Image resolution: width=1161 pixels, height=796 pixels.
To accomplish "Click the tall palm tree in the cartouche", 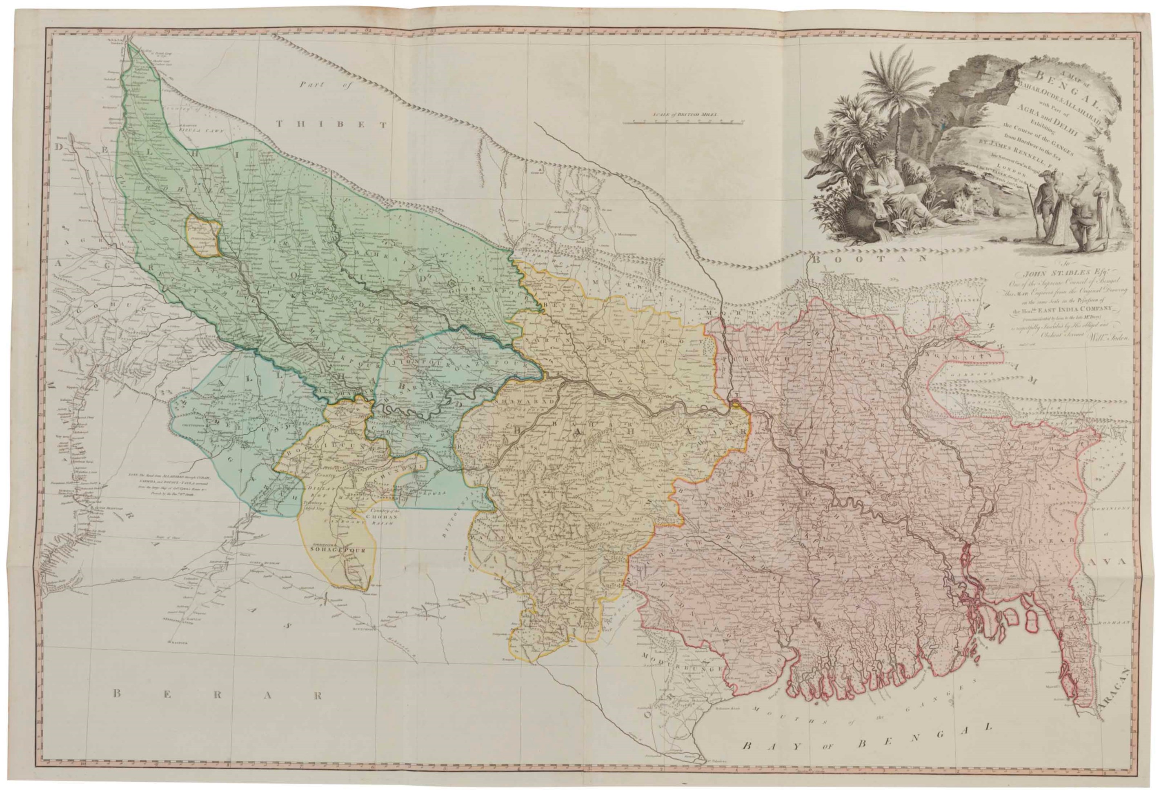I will coord(894,90).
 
